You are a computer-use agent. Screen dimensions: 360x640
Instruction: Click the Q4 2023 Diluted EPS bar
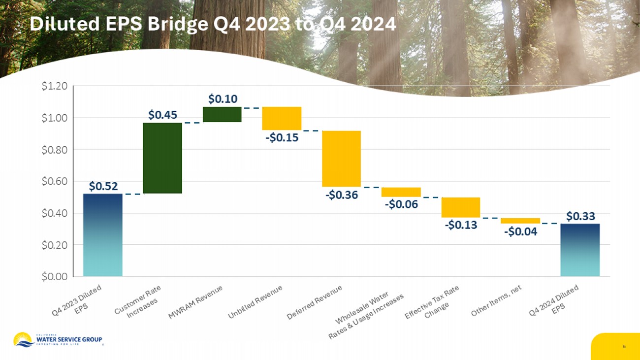click(x=102, y=235)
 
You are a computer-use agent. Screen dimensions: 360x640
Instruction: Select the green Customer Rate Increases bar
click(x=162, y=158)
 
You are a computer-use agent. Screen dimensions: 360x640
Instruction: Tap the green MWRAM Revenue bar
click(x=222, y=114)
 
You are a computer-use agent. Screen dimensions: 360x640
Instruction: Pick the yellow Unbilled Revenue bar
click(x=282, y=118)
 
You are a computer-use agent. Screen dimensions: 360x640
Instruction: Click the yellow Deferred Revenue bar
click(x=341, y=159)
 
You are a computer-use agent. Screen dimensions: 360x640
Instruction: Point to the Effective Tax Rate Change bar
click(x=460, y=207)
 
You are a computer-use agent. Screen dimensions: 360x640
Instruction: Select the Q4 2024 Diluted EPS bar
click(x=580, y=250)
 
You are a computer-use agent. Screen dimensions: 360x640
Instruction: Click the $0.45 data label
click(x=162, y=115)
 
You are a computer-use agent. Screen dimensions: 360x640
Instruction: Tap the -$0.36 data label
click(x=341, y=195)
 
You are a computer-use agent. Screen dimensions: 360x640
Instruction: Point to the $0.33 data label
click(x=580, y=216)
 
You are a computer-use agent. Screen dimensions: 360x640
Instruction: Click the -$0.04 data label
click(x=520, y=231)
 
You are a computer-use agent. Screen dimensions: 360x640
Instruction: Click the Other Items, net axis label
click(x=496, y=300)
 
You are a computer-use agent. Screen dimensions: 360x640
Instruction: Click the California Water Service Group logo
click(x=58, y=340)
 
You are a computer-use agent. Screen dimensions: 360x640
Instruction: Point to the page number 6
click(x=624, y=347)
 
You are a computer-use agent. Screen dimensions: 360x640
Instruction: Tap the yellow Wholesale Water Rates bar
click(x=401, y=192)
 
